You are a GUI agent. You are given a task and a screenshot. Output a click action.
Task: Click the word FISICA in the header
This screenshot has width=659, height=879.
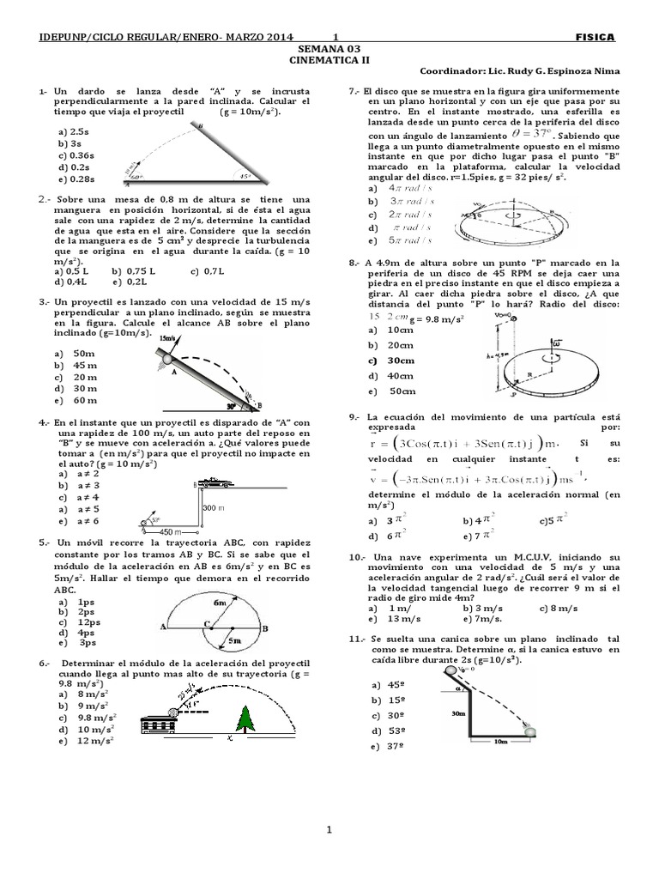pyautogui.click(x=595, y=37)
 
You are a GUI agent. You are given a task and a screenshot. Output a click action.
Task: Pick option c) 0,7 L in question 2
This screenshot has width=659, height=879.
pyautogui.click(x=207, y=271)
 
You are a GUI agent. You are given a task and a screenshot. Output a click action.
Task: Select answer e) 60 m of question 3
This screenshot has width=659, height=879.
pyautogui.click(x=74, y=400)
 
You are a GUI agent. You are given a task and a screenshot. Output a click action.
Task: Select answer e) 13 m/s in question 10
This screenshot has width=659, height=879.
pyautogui.click(x=387, y=618)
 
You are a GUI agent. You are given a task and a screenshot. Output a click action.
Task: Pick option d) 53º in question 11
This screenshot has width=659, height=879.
pyautogui.click(x=388, y=730)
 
